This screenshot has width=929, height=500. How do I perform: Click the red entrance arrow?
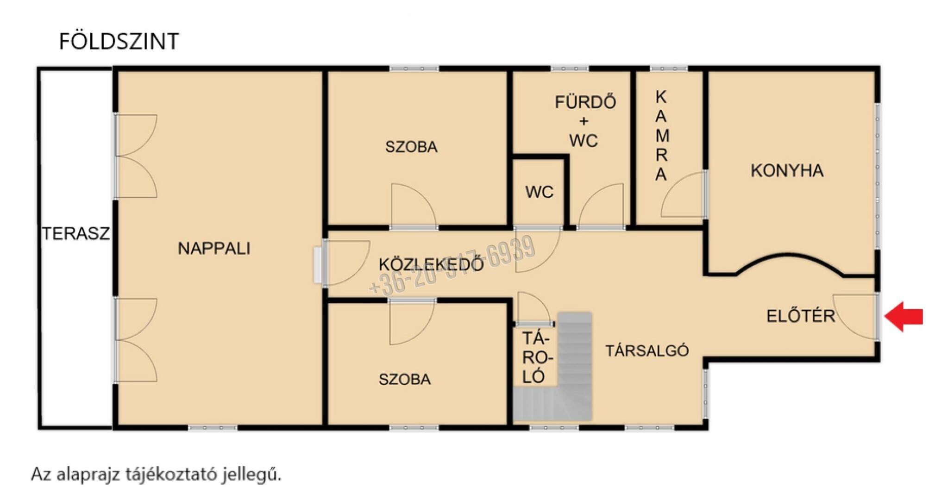(x=904, y=317)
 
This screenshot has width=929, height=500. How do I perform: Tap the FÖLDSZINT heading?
(x=119, y=42)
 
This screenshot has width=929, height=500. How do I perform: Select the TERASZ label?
(x=76, y=233)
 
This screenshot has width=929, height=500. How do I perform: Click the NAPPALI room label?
(x=214, y=249)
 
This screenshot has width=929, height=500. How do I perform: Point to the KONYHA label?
(x=787, y=171)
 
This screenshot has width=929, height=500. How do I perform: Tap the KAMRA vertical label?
(x=661, y=136)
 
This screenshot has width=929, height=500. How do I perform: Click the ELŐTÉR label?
(x=801, y=316)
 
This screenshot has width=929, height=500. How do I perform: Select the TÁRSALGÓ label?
(x=647, y=350)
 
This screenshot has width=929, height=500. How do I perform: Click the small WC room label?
(x=540, y=192)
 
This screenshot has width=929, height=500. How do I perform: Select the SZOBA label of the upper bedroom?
(x=411, y=147)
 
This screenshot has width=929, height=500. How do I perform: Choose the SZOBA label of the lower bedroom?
(x=405, y=379)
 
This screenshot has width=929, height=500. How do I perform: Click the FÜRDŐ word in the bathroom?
(x=585, y=102)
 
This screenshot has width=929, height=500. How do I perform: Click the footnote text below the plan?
(x=156, y=475)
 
